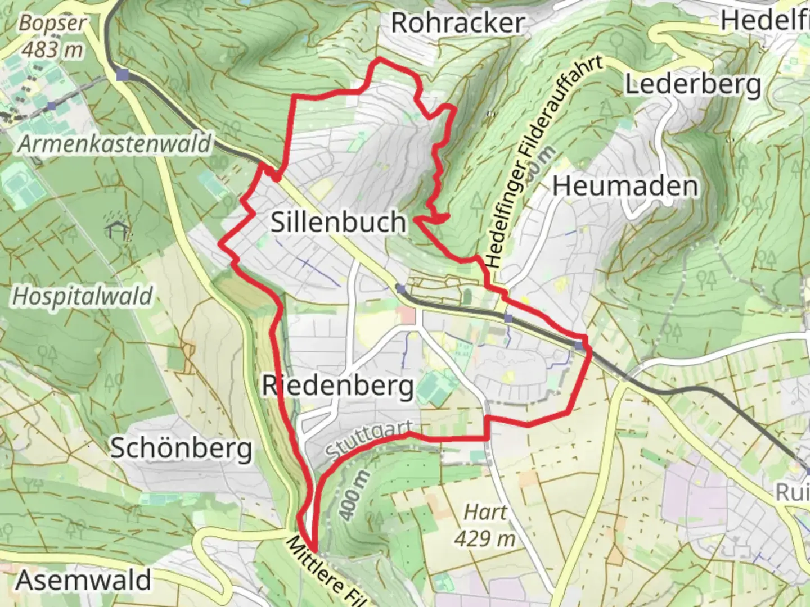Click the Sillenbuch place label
coord(338,222)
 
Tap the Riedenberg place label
coord(338,387)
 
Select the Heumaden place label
coord(625,186)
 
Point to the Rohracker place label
coord(458,23)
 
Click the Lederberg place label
coord(693,85)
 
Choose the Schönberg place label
coord(181,449)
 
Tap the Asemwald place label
coord(84,580)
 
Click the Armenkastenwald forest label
coord(115,144)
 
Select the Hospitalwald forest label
coord(83,296)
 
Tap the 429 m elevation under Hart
coord(485,538)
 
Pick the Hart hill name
coord(485,512)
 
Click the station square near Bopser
coord(123,74)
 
